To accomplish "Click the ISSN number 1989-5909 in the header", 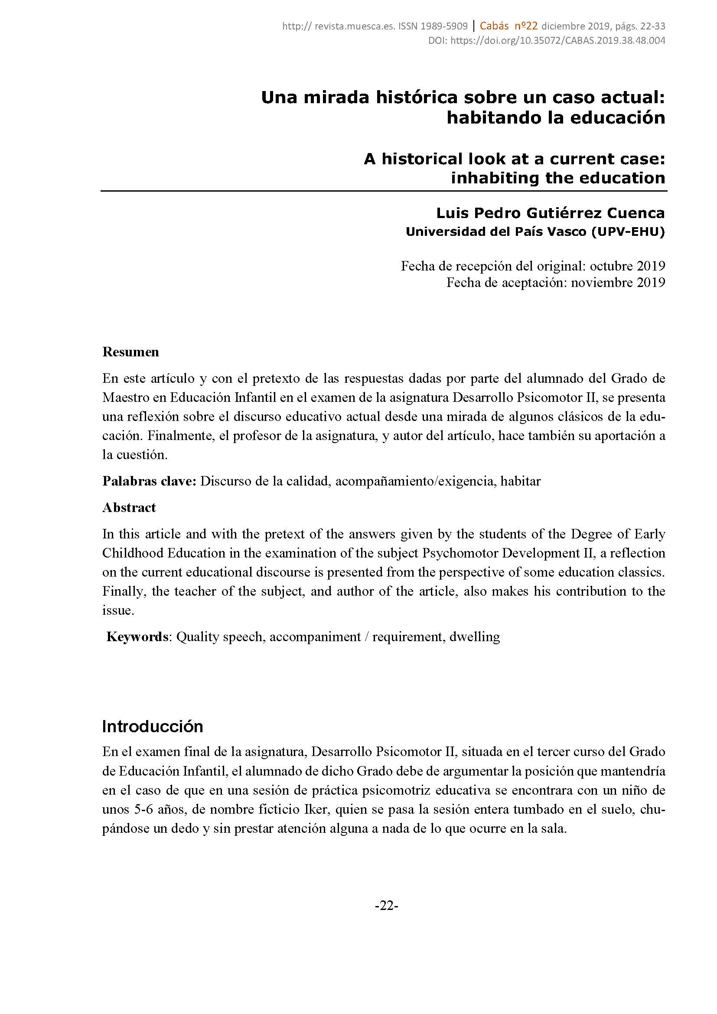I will pyautogui.click(x=443, y=26).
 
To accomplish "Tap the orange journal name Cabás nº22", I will pyautogui.click(x=508, y=26).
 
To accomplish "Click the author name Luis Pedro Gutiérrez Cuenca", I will pyautogui.click(x=550, y=213).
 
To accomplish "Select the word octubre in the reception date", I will pyautogui.click(x=611, y=266).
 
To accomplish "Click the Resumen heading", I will pyautogui.click(x=130, y=352).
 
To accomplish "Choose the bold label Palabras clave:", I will pyautogui.click(x=149, y=481).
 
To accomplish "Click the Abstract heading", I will pyautogui.click(x=129, y=508).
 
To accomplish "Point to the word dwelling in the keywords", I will pyautogui.click(x=475, y=637).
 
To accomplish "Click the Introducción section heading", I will pyautogui.click(x=152, y=727).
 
